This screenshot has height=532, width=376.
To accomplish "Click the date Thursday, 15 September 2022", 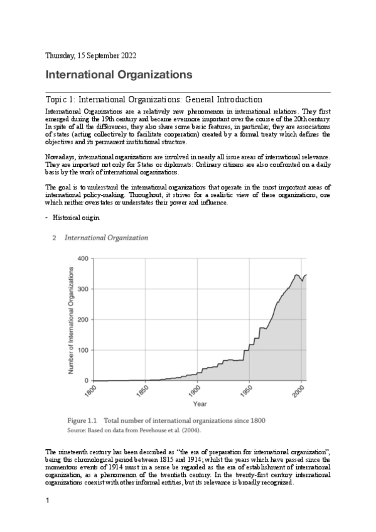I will tap(87, 56).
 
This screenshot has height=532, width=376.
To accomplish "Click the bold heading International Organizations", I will tap(118, 75).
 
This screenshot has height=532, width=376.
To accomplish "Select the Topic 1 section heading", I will tap(154, 100).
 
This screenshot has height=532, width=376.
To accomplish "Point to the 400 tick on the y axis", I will tap(82, 258).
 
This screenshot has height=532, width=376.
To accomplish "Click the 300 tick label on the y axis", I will tap(82, 289).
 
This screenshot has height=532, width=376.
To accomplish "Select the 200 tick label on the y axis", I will tap(82, 320).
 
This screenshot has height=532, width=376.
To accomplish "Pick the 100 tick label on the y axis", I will tap(82, 350).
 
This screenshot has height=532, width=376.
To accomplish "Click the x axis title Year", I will tap(200, 404).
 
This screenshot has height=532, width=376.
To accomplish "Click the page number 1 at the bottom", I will tap(48, 502).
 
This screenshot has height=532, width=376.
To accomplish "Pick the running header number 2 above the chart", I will tap(55, 238).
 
